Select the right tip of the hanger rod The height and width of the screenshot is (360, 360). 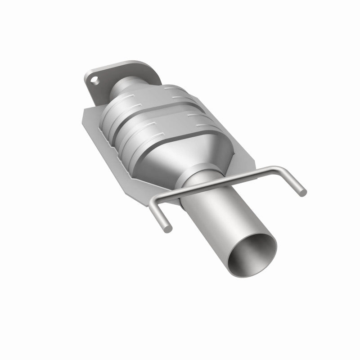(x=303, y=192)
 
